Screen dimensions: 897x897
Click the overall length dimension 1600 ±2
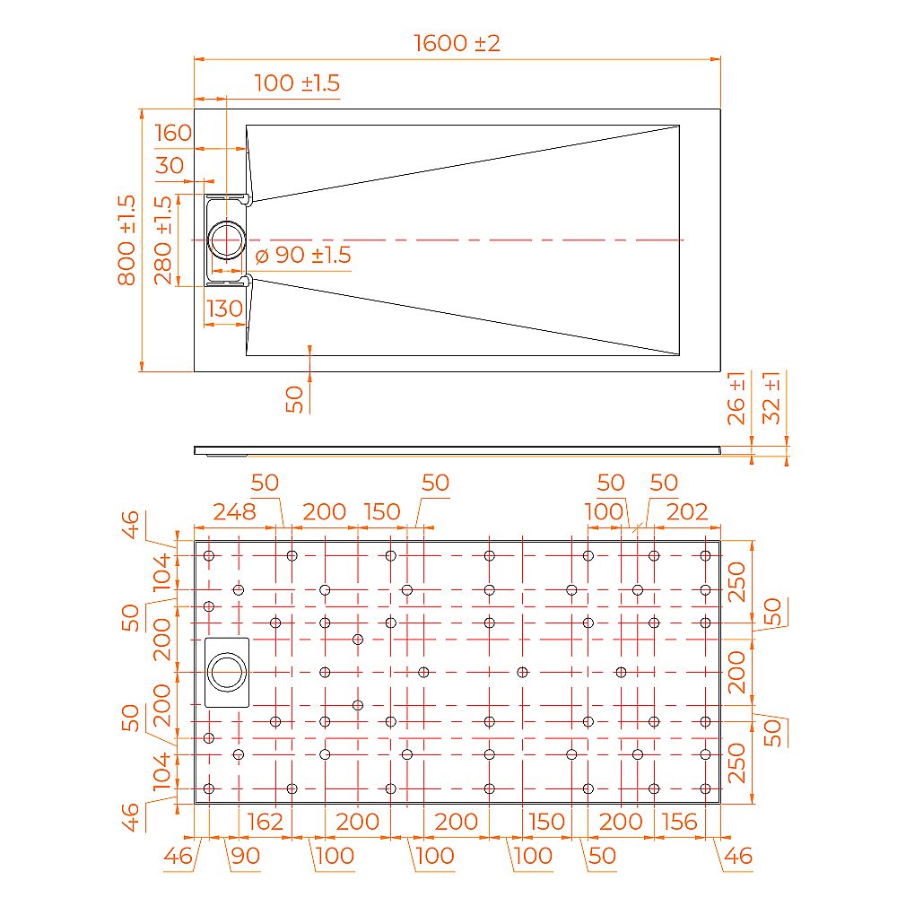coord(457,43)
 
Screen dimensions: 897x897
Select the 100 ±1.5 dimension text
coord(297,83)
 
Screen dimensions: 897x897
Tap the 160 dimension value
coord(173,134)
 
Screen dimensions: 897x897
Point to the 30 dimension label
coord(170,166)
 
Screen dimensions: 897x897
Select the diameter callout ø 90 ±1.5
coord(303,256)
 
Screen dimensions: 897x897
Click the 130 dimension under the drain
coord(224,309)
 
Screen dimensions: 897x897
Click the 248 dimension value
coord(233,512)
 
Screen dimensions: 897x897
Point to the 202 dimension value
coord(689,512)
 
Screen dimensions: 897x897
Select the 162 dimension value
coord(264,821)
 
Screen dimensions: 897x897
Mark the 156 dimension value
coord(679,821)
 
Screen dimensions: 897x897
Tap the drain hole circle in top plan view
coord(227,240)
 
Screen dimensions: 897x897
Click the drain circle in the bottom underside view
coord(227,672)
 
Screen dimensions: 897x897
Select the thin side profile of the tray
coord(457,449)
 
